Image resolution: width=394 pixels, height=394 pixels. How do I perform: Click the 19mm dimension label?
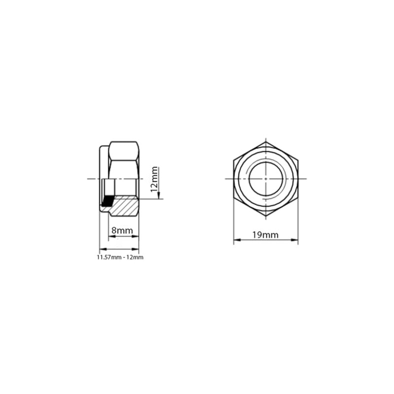click(x=265, y=235)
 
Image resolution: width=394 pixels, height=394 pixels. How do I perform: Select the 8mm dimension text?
click(x=121, y=230)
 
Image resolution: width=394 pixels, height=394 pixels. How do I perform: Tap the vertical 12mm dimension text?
click(x=155, y=179)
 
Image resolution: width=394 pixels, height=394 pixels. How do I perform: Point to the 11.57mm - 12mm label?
click(x=120, y=258)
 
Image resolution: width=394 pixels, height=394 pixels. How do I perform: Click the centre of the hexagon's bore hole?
click(x=265, y=178)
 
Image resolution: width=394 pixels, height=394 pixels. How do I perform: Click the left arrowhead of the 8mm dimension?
click(x=110, y=236)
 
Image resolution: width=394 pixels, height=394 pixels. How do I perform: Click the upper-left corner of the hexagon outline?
click(x=233, y=160)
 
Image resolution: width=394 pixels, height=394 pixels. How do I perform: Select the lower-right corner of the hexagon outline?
click(x=298, y=197)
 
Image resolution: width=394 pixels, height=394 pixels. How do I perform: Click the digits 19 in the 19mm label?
click(x=257, y=235)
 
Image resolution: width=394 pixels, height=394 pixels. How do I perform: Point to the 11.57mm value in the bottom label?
click(x=107, y=258)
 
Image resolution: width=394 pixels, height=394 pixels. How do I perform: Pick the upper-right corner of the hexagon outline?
click(x=298, y=160)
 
